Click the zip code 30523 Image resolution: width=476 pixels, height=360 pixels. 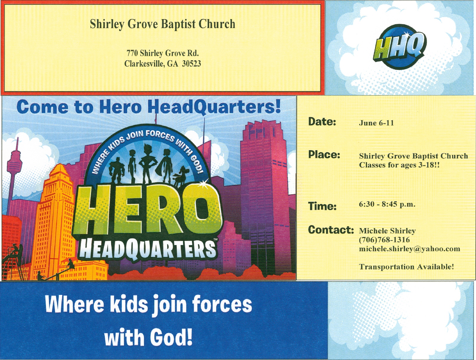pos(191,64)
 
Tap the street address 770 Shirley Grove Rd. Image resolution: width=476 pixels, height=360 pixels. pos(163,53)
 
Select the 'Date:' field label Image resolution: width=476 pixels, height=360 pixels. pos(322,121)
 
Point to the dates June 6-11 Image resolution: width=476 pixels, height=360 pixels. pos(376,123)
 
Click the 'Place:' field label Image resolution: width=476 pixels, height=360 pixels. pos(324,155)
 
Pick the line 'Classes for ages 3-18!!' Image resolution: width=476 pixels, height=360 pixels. pos(399,165)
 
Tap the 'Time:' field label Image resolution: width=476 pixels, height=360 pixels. pos(322,206)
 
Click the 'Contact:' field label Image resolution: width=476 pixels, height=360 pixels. pos(331,230)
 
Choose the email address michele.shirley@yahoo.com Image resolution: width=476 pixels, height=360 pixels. pos(410,249)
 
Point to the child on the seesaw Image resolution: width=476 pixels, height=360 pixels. pos(70,264)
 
